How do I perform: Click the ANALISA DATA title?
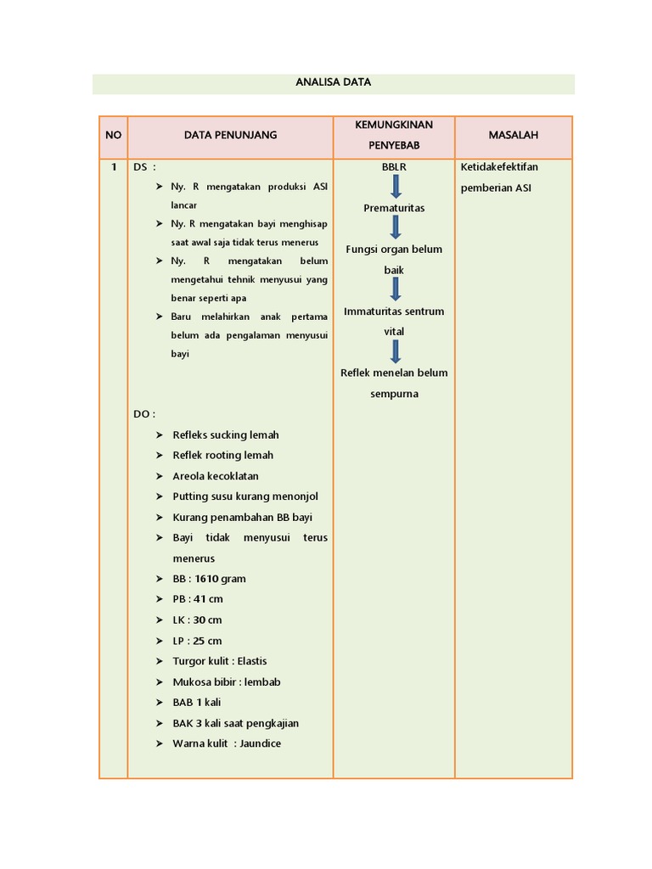click(333, 82)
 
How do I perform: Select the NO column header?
click(113, 135)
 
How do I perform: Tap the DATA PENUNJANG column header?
click(230, 135)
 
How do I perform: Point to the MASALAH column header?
click(513, 135)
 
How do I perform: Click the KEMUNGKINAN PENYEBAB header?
click(394, 135)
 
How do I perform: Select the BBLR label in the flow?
click(394, 167)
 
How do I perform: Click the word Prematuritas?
click(394, 208)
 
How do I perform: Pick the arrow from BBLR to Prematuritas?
click(395, 187)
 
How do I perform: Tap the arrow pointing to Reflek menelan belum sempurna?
click(395, 351)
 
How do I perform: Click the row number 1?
click(113, 167)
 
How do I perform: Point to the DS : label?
click(144, 167)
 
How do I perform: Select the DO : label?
click(143, 414)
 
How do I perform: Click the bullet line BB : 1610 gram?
click(209, 579)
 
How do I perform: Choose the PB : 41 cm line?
click(198, 599)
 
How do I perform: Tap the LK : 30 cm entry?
click(197, 620)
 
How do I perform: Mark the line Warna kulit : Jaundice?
click(227, 743)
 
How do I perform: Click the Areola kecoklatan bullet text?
click(216, 476)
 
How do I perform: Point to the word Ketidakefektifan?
click(499, 167)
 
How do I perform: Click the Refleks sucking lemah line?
click(226, 434)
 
